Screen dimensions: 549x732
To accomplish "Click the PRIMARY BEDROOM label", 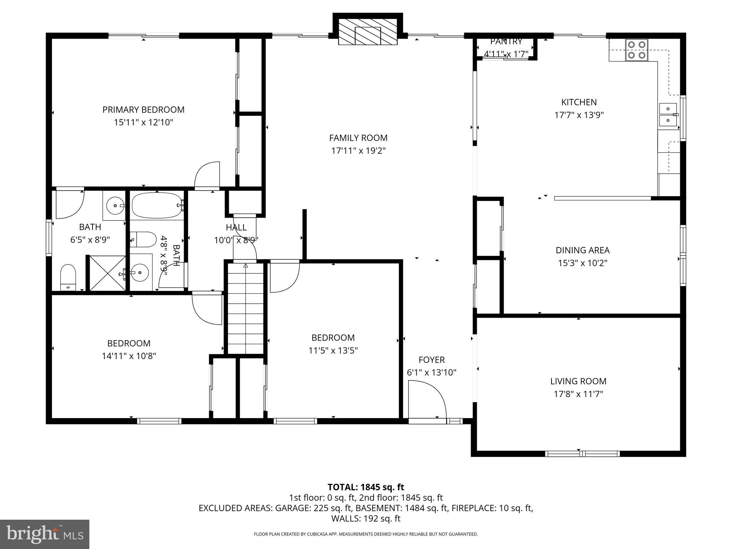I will point(143,110).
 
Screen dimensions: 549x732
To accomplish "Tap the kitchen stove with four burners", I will point(637,50).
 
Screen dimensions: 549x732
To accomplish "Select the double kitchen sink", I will point(668,115).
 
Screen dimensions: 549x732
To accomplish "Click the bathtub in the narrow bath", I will point(157,206).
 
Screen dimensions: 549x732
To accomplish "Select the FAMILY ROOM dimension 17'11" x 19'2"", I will point(358,151).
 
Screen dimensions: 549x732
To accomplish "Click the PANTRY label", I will point(506,41).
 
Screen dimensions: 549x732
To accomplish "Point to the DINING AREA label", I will point(582,250).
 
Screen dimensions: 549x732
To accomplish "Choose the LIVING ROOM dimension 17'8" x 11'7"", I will point(578,394).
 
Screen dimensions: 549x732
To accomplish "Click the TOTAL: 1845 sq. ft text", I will point(366,487).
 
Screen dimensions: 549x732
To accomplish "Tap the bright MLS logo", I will point(44,534).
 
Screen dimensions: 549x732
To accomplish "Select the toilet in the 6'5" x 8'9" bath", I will point(68,277).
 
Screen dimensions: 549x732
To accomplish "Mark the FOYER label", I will point(431,360).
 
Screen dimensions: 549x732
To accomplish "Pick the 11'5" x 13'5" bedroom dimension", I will point(333,351).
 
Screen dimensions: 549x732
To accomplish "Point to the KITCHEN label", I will point(579,102).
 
